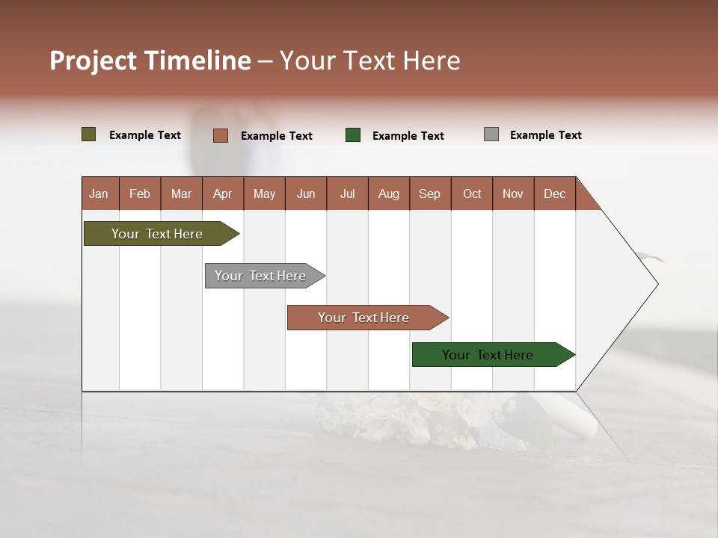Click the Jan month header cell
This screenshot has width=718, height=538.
tap(99, 194)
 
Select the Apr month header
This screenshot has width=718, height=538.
tap(223, 194)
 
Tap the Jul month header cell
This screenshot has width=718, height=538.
tap(347, 194)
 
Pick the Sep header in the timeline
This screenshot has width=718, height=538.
tap(430, 194)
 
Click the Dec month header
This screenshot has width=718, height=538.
tap(554, 194)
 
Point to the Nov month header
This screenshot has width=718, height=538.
tap(513, 194)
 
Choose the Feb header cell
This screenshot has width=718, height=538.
tap(140, 194)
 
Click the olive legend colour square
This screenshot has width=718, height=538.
tap(89, 134)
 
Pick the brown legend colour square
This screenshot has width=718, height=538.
tap(221, 135)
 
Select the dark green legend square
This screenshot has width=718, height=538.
tap(353, 135)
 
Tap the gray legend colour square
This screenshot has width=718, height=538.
tap(491, 134)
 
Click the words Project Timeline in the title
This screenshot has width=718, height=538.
tap(150, 61)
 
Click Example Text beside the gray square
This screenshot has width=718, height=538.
tap(545, 135)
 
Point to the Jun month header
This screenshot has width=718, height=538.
tap(306, 194)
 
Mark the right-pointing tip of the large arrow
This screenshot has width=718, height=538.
tap(657, 284)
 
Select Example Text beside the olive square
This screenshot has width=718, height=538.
tap(145, 135)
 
